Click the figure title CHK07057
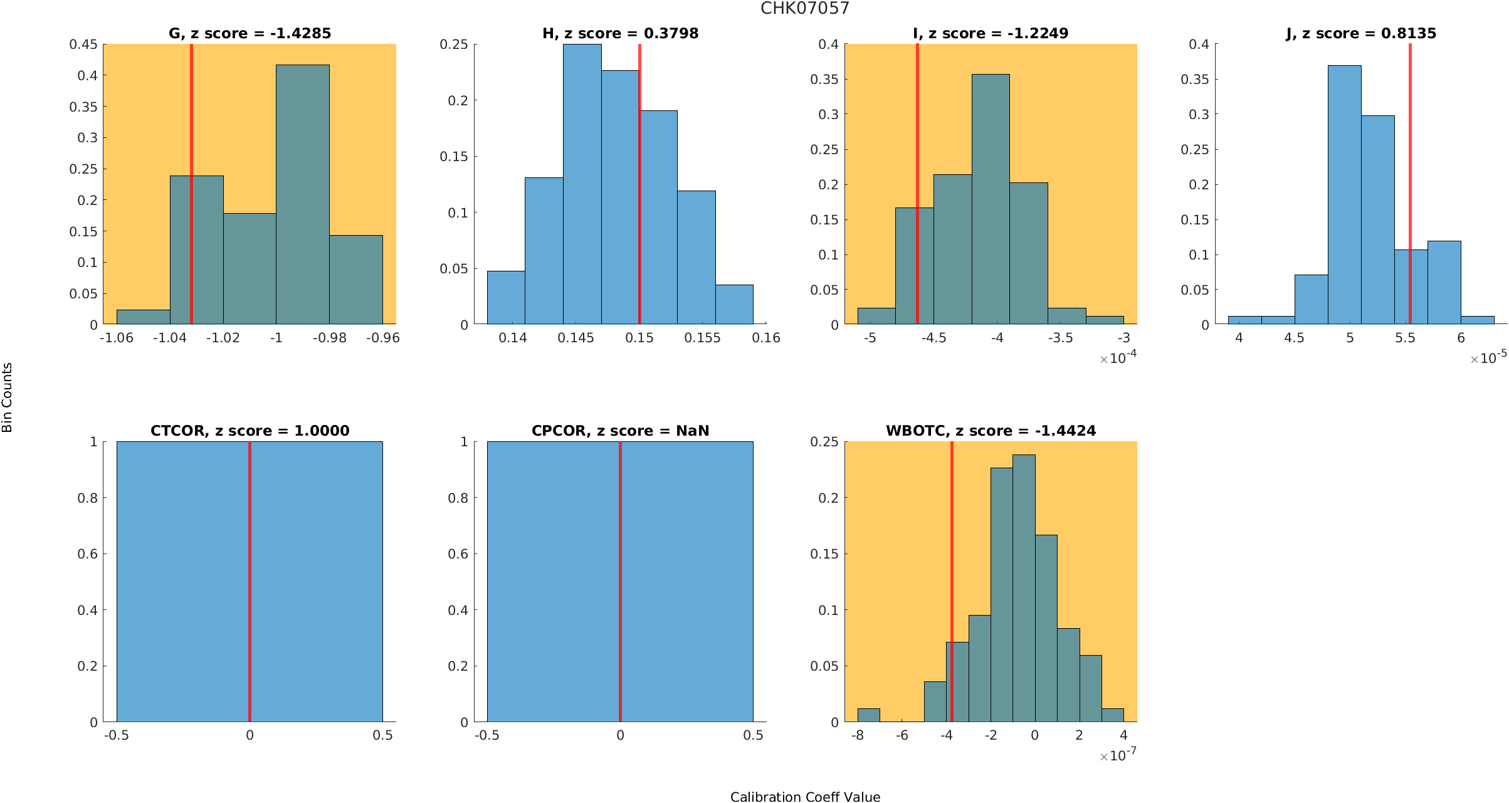coord(804,9)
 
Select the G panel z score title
coord(250,34)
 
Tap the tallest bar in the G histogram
coord(302,194)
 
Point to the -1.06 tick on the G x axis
coord(117,339)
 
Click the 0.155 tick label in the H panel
coord(702,339)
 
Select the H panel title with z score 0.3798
coord(620,34)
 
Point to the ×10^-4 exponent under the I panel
coord(1118,358)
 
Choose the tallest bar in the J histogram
coord(1344,194)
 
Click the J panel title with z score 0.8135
coord(1360,34)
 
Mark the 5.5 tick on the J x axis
coord(1405,339)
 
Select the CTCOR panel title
coord(250,431)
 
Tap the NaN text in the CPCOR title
coord(693,431)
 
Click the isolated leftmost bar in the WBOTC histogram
coord(868,715)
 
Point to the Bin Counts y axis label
coord(8,397)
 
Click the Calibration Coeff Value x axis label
coord(805,797)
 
